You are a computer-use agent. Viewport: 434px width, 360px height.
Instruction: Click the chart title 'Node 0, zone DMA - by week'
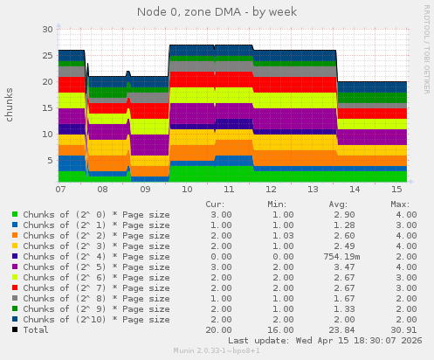click(x=217, y=11)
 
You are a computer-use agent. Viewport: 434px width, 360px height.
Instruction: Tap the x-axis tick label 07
click(x=60, y=189)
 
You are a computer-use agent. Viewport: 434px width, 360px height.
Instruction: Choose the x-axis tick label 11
click(x=229, y=189)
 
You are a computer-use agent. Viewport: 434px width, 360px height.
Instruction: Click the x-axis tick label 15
click(x=397, y=189)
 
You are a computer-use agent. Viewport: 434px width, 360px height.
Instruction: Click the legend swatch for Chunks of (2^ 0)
click(x=15, y=214)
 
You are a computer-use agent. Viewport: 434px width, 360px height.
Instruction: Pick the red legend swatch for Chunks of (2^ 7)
click(x=15, y=287)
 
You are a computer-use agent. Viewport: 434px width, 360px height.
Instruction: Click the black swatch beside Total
click(x=15, y=329)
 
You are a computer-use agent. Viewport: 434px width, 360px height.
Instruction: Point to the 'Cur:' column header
click(x=215, y=204)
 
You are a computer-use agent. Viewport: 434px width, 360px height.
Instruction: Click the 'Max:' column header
click(x=400, y=204)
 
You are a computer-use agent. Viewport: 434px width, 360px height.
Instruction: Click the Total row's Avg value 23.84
click(x=334, y=329)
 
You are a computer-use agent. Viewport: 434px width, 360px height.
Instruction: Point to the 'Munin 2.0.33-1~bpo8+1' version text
click(x=217, y=352)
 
